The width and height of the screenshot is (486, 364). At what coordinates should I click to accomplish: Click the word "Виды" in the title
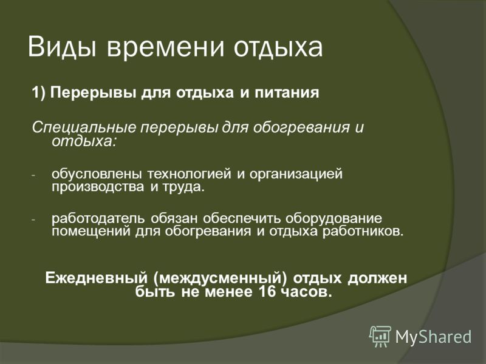click(62, 47)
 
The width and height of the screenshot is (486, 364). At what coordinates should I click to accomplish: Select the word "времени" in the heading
click(165, 47)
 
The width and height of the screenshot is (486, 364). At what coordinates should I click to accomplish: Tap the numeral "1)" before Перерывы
click(39, 93)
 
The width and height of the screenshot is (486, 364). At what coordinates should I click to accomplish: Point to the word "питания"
click(287, 93)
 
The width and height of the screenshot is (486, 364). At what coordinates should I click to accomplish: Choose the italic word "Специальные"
click(84, 127)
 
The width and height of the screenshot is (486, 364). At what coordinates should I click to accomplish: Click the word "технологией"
click(189, 174)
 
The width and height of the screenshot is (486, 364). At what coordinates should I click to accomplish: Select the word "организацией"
click(296, 174)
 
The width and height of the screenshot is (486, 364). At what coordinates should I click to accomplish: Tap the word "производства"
click(98, 187)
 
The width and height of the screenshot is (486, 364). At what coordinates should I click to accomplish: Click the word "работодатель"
click(98, 218)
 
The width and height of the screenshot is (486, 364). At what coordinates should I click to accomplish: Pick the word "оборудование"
click(334, 218)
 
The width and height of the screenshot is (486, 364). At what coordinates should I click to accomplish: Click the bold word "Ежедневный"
click(96, 278)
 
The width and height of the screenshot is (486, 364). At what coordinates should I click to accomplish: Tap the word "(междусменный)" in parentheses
click(220, 278)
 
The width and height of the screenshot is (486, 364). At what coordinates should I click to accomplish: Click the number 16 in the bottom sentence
click(267, 292)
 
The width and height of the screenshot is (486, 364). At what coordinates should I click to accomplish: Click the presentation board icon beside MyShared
click(380, 337)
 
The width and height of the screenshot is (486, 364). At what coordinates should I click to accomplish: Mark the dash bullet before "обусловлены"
click(34, 175)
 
